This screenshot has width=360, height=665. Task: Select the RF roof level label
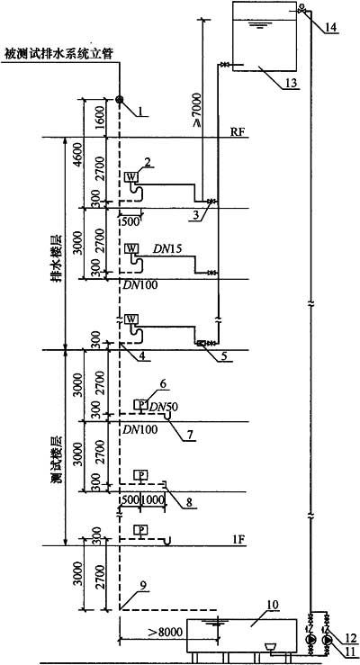(x=237, y=131)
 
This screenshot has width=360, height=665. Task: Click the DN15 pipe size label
(x=169, y=250)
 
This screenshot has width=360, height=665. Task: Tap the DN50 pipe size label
(x=162, y=407)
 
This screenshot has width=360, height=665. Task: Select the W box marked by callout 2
(x=130, y=177)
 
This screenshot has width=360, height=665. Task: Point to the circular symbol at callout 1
(x=119, y=100)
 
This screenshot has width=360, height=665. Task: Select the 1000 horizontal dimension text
(x=153, y=500)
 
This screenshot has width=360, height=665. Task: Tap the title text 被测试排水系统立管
(x=59, y=54)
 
